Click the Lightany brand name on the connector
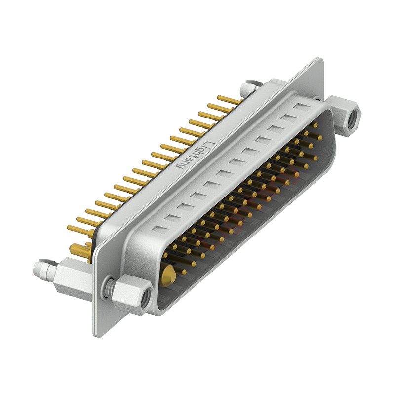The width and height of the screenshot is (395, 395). pyautogui.click(x=196, y=155)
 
